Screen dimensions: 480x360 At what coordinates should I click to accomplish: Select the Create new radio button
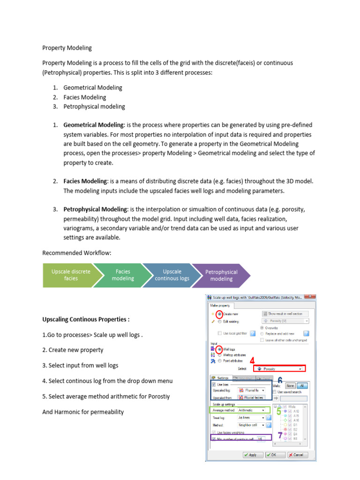click(x=219, y=314)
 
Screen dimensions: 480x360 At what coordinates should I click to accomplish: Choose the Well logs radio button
click(x=219, y=349)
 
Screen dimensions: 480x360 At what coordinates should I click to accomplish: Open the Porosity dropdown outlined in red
click(x=279, y=369)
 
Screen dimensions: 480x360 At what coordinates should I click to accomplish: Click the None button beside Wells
click(x=290, y=385)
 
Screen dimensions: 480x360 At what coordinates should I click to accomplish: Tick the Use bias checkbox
click(x=214, y=384)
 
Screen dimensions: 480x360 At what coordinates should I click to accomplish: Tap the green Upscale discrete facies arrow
click(x=71, y=275)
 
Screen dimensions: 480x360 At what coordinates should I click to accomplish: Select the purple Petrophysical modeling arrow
click(x=221, y=275)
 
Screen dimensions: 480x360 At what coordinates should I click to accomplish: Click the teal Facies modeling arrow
click(x=123, y=275)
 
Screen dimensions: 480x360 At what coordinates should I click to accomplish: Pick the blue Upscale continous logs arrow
click(x=172, y=275)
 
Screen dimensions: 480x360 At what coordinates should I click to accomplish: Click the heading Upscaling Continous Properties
click(x=86, y=320)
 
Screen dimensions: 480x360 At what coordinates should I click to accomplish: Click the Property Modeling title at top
click(x=67, y=48)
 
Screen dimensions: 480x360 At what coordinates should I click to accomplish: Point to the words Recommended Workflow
click(x=77, y=253)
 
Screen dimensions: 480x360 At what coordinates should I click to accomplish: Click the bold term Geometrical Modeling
click(x=94, y=125)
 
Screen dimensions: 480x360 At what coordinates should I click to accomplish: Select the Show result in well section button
click(x=285, y=314)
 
